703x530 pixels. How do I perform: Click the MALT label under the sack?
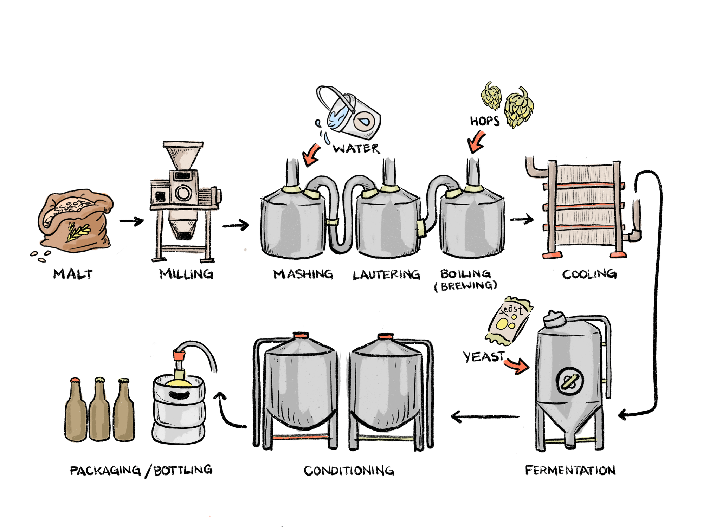coord(73,274)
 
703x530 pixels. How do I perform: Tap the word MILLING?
coord(186,274)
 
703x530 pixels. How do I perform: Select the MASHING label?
coord(303,274)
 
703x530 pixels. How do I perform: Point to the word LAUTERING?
coord(386,274)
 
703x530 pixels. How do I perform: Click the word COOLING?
coord(589,274)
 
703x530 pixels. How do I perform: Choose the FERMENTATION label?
coord(570,470)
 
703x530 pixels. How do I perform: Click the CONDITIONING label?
coord(349,471)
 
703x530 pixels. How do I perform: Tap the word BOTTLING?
coord(183,470)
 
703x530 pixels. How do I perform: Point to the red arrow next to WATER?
coord(311,155)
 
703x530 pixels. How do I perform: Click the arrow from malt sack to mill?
coord(131,221)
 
